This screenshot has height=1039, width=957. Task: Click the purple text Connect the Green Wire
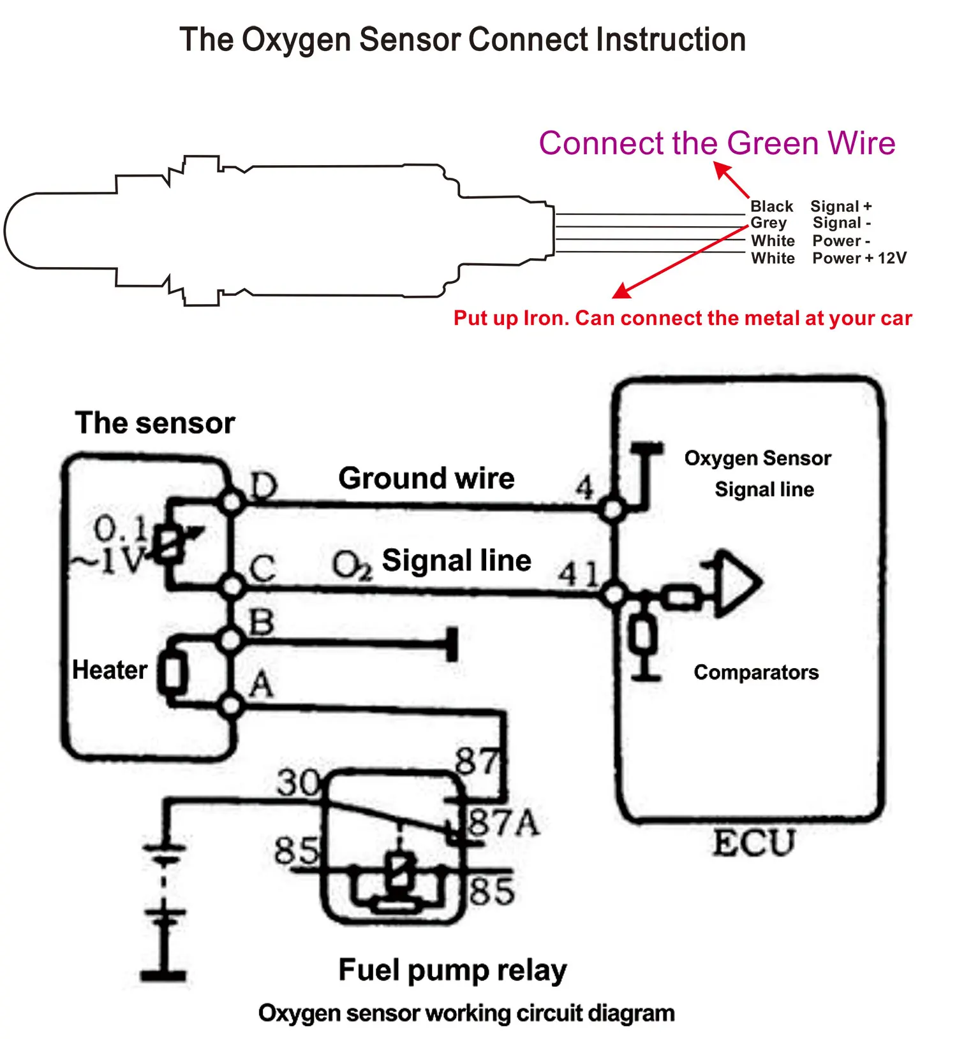coord(716,143)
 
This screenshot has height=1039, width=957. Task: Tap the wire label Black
coord(771,207)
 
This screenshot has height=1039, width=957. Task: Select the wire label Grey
coord(768,223)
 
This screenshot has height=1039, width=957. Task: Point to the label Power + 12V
coord(859,258)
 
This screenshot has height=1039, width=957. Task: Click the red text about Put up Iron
coord(682,318)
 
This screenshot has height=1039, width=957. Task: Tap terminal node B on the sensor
coord(231,640)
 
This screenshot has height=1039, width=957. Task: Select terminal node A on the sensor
coord(231,705)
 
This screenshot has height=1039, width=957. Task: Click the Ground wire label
coord(426,478)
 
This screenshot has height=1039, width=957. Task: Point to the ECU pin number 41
coord(579,574)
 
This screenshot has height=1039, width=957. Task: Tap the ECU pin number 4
coord(584,488)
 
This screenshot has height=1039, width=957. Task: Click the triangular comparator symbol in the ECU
coord(737,583)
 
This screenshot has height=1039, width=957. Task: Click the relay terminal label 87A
coord(504,823)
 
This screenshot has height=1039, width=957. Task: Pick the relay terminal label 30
coord(298,783)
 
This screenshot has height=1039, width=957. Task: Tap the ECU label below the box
coord(753,843)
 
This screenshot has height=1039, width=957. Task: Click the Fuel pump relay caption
coord(452,970)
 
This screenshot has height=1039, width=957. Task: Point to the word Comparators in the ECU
coord(756,672)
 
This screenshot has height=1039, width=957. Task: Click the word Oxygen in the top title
coord(297,40)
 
